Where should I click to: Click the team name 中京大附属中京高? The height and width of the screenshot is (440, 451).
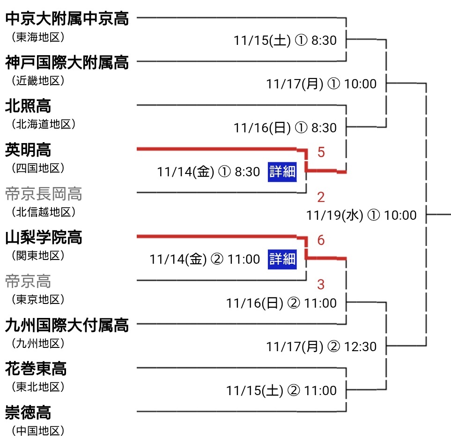(67, 19)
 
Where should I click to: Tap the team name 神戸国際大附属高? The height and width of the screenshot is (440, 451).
(67, 62)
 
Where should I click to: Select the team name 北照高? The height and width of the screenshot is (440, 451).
(28, 106)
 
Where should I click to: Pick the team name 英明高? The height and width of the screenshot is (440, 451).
(28, 150)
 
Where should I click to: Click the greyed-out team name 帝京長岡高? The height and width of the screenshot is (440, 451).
(44, 194)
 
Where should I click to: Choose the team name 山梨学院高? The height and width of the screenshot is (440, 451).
(44, 238)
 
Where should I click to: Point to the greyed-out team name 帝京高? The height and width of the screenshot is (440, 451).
(28, 281)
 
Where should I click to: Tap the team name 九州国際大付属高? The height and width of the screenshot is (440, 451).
(67, 325)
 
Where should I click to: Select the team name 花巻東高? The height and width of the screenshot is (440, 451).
(36, 369)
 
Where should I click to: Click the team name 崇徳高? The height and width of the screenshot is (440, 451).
(28, 413)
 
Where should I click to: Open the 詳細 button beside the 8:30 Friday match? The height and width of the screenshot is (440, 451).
(282, 172)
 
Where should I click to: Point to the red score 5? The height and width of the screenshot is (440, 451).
(321, 152)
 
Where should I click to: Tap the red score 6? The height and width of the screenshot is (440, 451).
(321, 240)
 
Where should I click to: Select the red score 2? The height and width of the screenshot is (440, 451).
(321, 197)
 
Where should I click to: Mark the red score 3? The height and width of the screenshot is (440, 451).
(321, 284)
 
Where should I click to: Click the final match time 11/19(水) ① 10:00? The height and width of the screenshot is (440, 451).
(361, 215)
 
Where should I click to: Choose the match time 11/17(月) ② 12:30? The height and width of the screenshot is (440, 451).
(321, 346)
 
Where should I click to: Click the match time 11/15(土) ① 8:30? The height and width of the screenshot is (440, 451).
(285, 41)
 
